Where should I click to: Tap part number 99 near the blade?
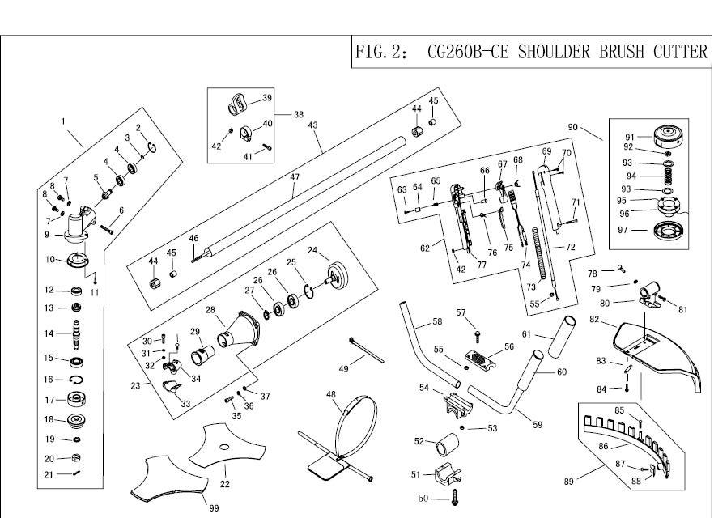[213, 507]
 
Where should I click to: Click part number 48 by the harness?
[330, 394]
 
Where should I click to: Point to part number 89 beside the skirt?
[569, 482]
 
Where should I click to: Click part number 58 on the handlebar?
[437, 321]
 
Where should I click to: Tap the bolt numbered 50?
[457, 495]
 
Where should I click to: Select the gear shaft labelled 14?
[79, 333]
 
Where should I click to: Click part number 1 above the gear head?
[62, 121]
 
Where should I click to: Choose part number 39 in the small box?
[267, 98]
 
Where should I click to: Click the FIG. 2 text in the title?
[382, 53]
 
